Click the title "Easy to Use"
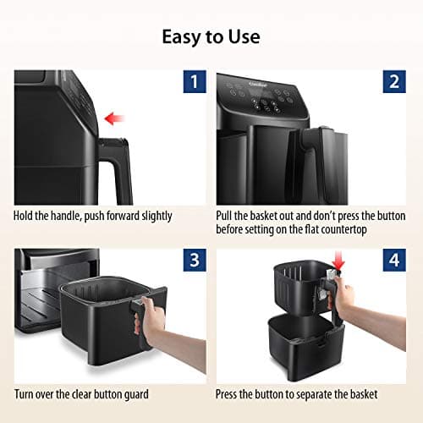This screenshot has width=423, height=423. (211, 36)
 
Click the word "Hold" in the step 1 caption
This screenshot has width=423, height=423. (25, 216)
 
